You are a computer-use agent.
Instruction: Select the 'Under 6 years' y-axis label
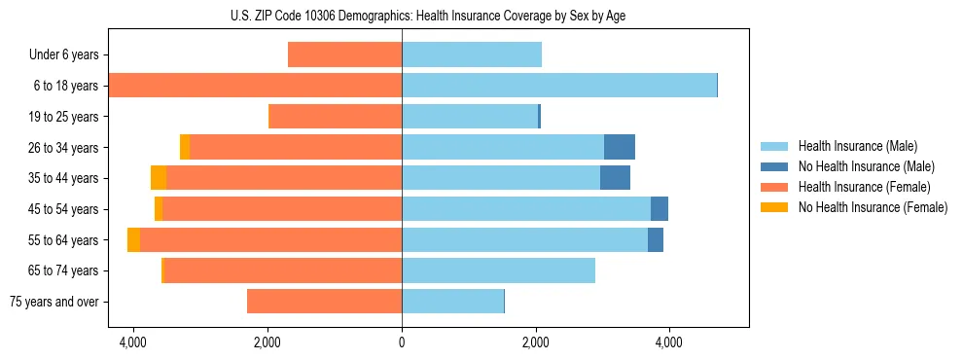click(x=63, y=54)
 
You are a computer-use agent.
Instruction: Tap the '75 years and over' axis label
click(x=54, y=302)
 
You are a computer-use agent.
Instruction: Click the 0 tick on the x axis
click(x=402, y=342)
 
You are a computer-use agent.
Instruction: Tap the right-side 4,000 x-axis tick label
click(x=669, y=342)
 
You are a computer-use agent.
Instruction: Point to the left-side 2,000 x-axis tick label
click(x=267, y=342)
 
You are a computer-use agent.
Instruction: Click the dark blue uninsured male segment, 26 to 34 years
click(x=620, y=147)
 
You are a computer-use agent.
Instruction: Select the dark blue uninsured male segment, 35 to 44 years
click(x=615, y=178)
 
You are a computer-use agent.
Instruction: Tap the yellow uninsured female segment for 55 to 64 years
click(x=133, y=239)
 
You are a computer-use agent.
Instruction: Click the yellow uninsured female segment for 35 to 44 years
click(x=159, y=178)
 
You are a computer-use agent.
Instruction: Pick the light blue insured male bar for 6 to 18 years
click(x=559, y=86)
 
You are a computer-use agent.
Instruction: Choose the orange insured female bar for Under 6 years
click(x=345, y=54)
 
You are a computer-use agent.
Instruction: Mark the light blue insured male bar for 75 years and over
click(x=452, y=302)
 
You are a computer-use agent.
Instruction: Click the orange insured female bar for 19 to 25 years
click(x=336, y=117)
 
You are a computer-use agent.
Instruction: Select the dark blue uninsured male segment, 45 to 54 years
click(x=660, y=208)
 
